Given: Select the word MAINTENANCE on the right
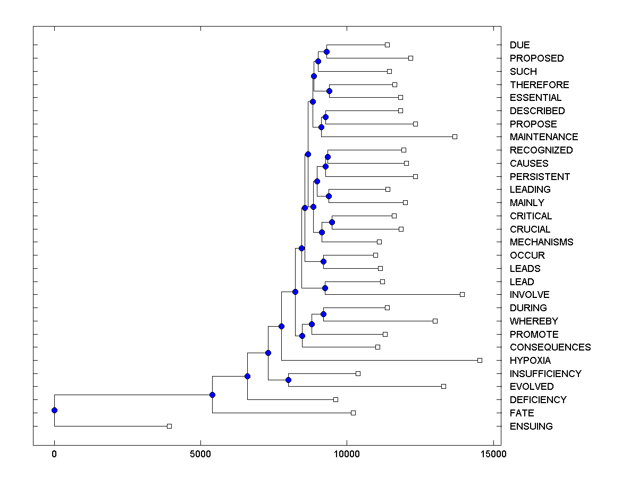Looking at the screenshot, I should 544,137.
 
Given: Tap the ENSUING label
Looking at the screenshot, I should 531,426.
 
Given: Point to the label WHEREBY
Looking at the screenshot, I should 534,321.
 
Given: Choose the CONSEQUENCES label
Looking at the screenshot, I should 550,347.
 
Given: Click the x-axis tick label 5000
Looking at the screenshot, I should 200,455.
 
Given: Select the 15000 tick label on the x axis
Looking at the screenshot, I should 493,455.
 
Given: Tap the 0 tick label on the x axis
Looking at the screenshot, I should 54,455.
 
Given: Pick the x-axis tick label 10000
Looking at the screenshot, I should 347,455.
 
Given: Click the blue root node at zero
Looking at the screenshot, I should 54,410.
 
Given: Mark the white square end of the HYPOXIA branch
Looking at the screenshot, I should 480,360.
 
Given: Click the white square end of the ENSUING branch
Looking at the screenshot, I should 169,426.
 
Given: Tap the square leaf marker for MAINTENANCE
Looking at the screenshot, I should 455,136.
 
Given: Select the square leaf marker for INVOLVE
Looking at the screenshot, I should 462,294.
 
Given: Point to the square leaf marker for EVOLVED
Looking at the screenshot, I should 443,386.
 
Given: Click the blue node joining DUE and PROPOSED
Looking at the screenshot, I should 326,52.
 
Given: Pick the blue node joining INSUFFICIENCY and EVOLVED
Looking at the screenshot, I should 288,380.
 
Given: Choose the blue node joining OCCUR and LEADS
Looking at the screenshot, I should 323,261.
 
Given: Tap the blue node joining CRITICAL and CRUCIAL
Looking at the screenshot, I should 332,222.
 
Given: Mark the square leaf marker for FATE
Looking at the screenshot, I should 353,413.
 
